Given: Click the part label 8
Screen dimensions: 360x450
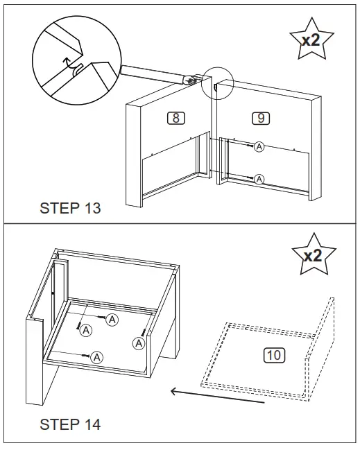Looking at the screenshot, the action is [176, 118].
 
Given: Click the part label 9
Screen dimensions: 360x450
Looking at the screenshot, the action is [261, 118].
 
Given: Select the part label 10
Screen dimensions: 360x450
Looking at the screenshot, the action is [274, 355].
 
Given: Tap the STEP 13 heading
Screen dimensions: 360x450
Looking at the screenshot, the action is [70, 208].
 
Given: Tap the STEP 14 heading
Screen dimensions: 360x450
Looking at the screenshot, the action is [70, 424].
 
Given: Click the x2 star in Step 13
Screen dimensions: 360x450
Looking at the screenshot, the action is [311, 40].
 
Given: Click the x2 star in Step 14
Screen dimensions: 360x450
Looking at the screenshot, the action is [314, 254].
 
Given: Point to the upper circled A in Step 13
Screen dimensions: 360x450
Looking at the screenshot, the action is [259, 147].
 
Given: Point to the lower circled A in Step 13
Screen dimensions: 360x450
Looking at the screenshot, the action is [259, 180].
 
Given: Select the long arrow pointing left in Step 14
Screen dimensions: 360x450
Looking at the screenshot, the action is [217, 396].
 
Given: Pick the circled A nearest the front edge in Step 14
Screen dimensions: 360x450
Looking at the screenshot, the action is [96, 358].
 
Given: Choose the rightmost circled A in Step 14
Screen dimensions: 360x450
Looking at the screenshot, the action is [139, 343].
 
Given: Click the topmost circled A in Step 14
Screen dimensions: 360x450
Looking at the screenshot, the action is [112, 320].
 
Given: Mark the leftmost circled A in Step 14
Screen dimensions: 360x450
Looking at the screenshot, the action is [86, 330].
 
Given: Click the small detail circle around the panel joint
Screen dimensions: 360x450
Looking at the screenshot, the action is [217, 83].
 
